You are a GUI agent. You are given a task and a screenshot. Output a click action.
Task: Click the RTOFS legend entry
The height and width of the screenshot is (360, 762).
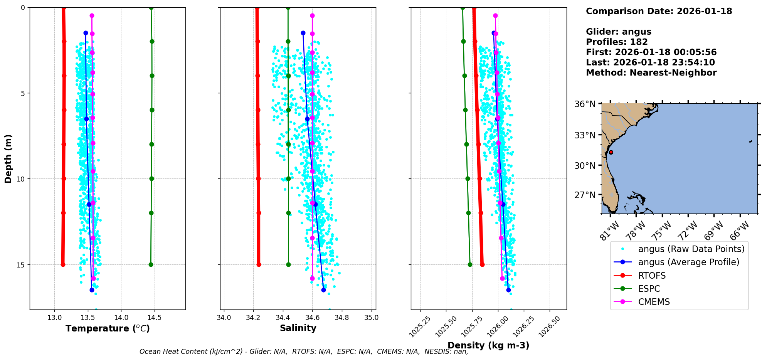tap(652, 276)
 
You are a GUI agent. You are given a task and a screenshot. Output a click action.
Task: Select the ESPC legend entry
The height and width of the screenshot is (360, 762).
tap(649, 289)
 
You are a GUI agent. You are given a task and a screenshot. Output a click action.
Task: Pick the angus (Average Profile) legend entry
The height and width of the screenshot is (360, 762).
tap(688, 262)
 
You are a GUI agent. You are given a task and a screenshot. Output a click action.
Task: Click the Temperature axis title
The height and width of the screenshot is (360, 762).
tap(108, 328)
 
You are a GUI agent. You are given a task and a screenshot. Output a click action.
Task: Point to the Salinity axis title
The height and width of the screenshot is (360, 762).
tap(298, 328)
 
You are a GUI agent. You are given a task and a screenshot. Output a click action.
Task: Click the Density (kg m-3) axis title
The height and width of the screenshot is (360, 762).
tap(488, 345)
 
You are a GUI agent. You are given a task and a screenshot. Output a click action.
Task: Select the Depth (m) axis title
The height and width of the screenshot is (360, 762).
tap(8, 158)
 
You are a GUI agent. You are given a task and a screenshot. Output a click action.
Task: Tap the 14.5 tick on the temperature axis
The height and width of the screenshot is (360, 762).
tap(155, 318)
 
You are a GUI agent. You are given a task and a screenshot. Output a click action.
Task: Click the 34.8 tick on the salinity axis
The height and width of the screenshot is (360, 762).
tap(342, 318)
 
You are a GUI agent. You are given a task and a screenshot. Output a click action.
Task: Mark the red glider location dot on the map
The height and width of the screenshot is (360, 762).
tap(611, 152)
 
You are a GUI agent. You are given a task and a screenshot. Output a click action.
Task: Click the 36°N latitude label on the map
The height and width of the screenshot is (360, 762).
tap(585, 104)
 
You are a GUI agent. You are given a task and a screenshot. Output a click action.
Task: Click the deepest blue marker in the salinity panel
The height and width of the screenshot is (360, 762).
tap(323, 290)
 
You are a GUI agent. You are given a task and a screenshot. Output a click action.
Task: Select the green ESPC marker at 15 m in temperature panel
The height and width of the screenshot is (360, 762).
tap(151, 264)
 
